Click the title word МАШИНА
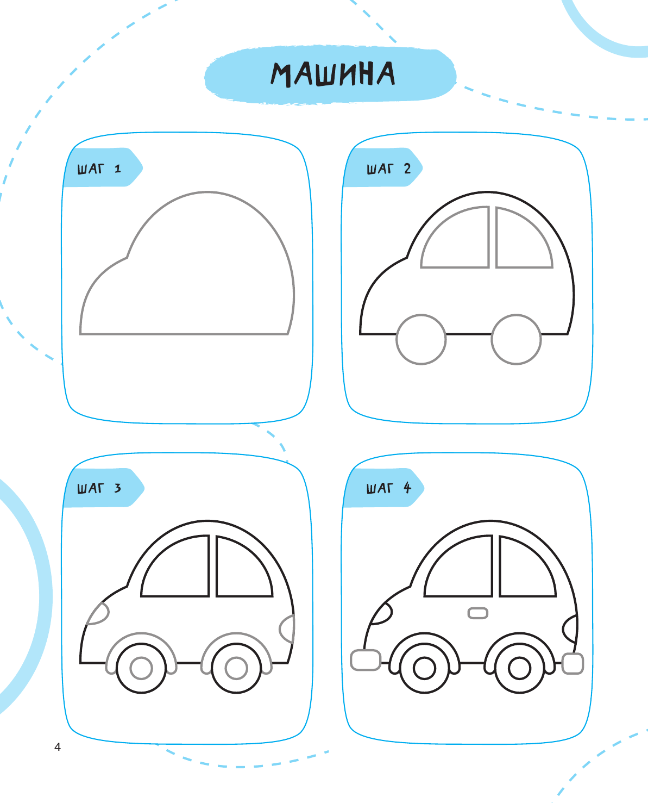pyautogui.click(x=332, y=74)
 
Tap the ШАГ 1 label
pyautogui.click(x=99, y=169)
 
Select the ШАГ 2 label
pyautogui.click(x=388, y=169)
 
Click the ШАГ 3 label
pyautogui.click(x=99, y=488)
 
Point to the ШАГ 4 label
pyautogui.click(x=388, y=488)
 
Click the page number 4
pyautogui.click(x=58, y=747)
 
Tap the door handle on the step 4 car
pyautogui.click(x=477, y=613)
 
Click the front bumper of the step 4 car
pyautogui.click(x=366, y=659)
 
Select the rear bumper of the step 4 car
pyautogui.click(x=572, y=664)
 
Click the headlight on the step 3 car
pyautogui.click(x=99, y=614)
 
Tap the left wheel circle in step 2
pyautogui.click(x=421, y=339)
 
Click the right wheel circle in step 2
pyautogui.click(x=516, y=339)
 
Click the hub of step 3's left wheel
pyautogui.click(x=141, y=668)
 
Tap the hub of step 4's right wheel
pyautogui.click(x=519, y=668)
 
